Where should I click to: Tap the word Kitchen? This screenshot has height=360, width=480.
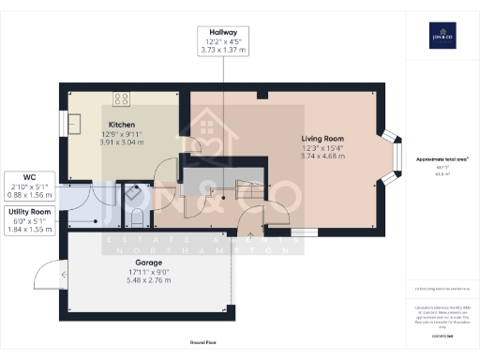[123, 125]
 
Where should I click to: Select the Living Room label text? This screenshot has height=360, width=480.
[322, 138]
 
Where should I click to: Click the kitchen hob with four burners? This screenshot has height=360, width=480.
[122, 97]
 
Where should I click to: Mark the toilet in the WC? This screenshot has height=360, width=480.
[137, 219]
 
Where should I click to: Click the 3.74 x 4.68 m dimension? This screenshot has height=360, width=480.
[322, 157]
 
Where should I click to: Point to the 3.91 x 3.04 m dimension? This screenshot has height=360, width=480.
[123, 144]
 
